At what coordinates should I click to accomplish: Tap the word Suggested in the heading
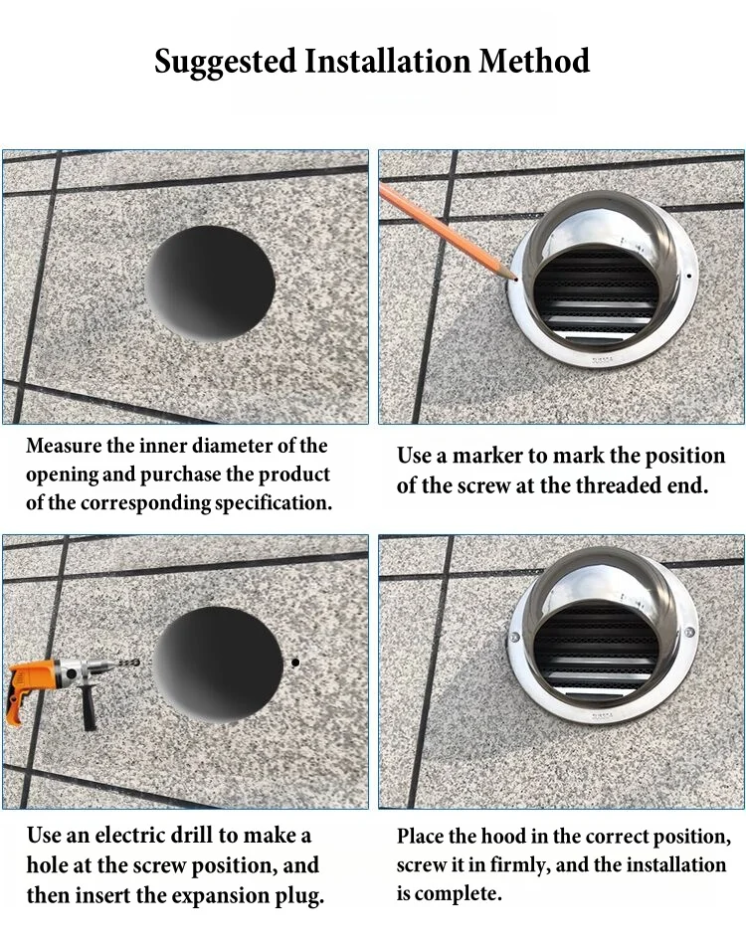(225, 61)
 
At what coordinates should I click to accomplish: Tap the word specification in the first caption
(270, 502)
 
